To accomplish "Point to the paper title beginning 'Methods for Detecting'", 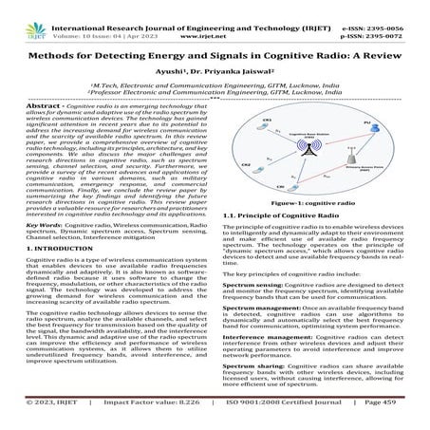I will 215,53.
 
